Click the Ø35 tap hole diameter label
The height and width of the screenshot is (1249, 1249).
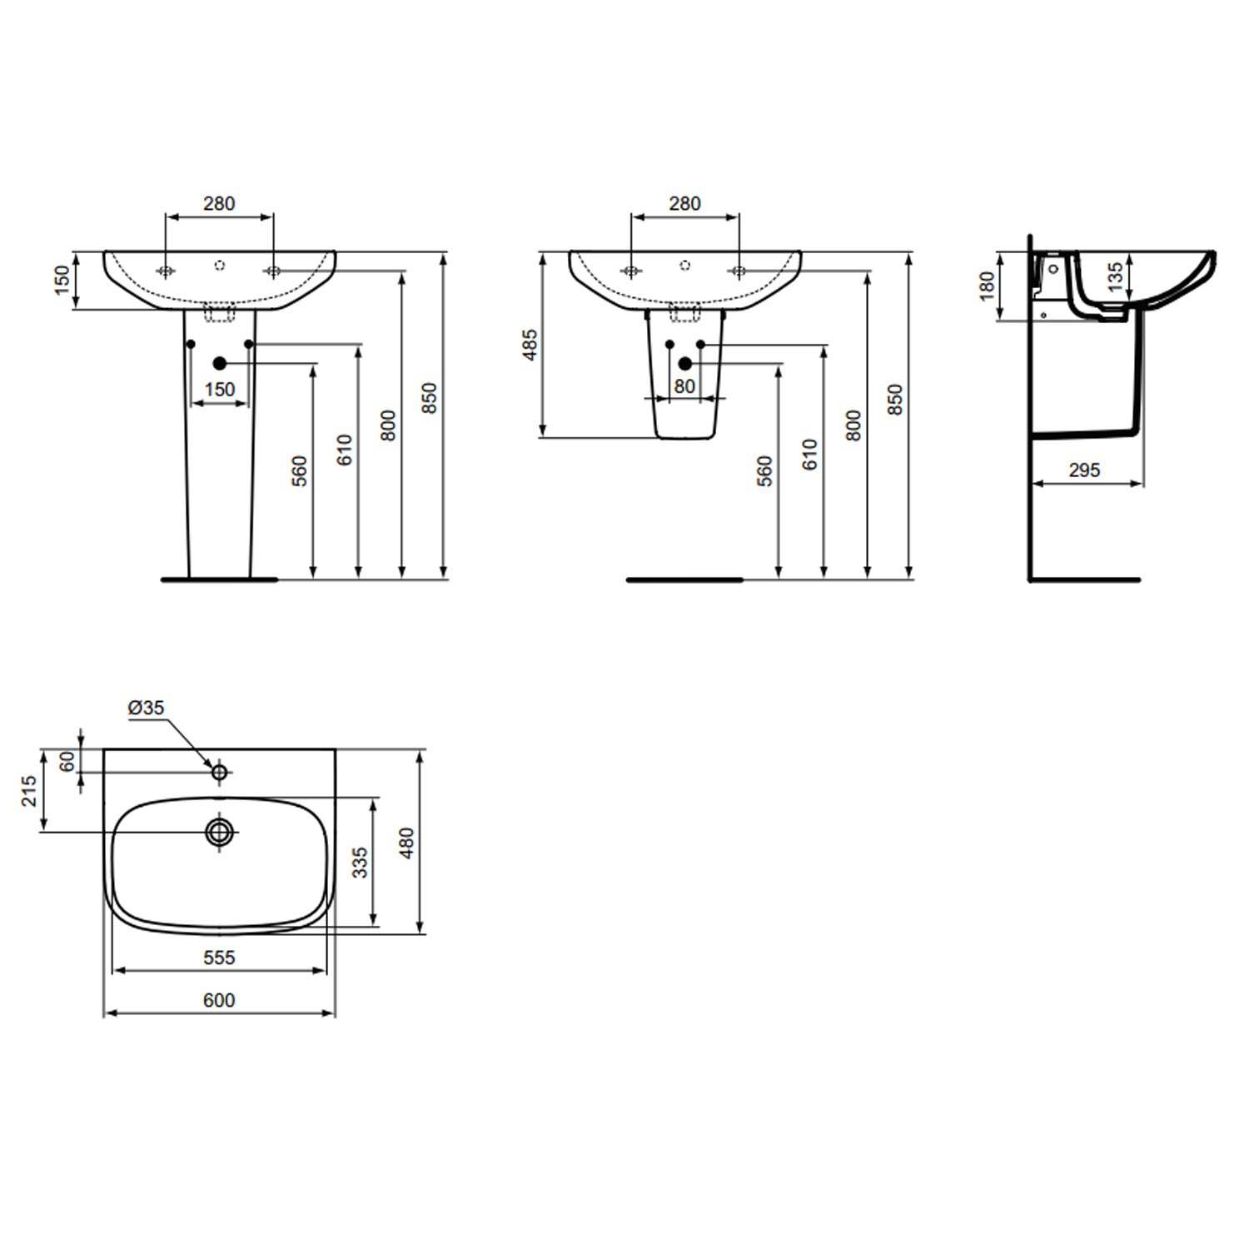click(147, 708)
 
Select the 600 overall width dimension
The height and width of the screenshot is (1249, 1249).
click(219, 1000)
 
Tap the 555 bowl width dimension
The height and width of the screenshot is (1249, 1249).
click(219, 958)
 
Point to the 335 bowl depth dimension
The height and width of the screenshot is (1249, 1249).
click(360, 863)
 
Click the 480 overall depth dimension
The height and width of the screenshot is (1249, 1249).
click(406, 843)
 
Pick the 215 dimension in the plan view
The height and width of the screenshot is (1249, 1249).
click(30, 790)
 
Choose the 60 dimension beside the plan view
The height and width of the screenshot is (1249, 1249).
click(68, 760)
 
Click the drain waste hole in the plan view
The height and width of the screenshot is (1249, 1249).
click(220, 831)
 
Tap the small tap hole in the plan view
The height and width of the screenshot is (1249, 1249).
click(219, 772)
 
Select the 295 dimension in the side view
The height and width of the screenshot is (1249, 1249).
click(1084, 470)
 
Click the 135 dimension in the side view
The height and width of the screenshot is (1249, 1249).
click(1116, 273)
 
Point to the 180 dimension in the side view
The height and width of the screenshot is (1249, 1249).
click(988, 286)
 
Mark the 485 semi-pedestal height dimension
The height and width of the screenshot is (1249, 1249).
click(530, 345)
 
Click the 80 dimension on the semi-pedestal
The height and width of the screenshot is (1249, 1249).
click(684, 386)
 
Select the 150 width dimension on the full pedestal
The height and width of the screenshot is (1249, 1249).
click(220, 390)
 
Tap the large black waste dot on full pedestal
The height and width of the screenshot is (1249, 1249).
click(220, 363)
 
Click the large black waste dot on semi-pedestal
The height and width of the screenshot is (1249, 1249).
click(684, 363)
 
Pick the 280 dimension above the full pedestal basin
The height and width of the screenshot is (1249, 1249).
click(219, 203)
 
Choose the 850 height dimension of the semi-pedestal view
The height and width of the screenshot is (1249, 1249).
click(895, 400)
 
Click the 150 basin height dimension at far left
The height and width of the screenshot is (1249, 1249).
click(62, 280)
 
